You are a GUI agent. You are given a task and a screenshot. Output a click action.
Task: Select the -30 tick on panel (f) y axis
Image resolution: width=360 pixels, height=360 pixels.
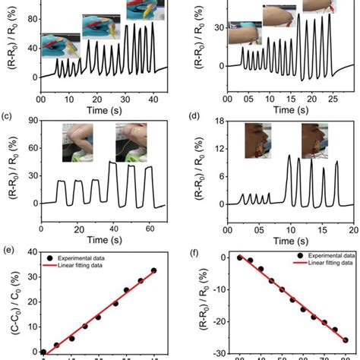click(215, 352)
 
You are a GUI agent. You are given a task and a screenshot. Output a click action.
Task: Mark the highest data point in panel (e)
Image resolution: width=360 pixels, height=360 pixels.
click(154, 270)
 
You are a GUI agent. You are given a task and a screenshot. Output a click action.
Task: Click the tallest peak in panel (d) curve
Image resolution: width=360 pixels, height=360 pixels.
click(289, 156)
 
